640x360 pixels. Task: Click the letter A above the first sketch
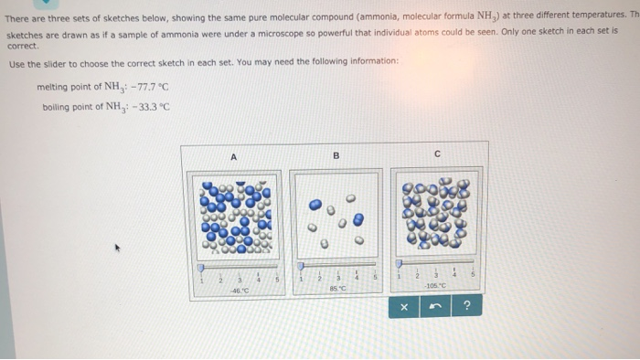point(233,157)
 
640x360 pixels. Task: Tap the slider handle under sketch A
point(201,268)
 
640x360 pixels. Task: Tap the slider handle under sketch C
point(400,264)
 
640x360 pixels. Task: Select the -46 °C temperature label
point(240,290)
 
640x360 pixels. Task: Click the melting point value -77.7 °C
point(145,88)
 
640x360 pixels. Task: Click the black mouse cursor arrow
point(116,246)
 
